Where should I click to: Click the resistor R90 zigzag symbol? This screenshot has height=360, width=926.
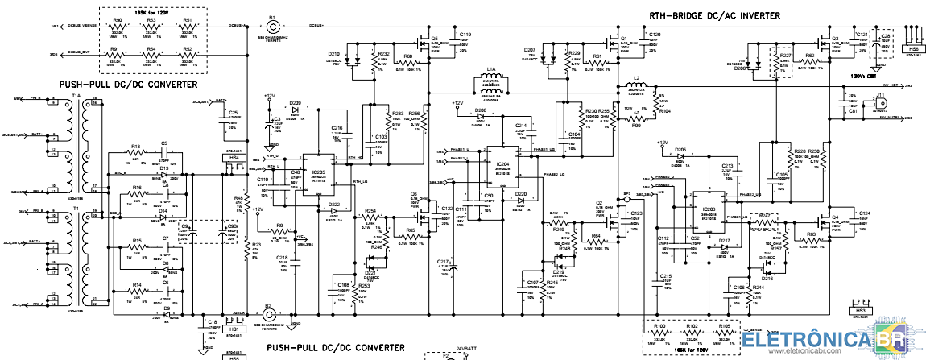click(x=117, y=26)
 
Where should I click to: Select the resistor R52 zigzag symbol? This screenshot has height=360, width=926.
click(x=187, y=56)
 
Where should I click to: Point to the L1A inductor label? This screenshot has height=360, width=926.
click(x=491, y=69)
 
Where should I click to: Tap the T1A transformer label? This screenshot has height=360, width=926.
click(x=76, y=96)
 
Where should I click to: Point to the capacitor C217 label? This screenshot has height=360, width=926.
click(x=443, y=263)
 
